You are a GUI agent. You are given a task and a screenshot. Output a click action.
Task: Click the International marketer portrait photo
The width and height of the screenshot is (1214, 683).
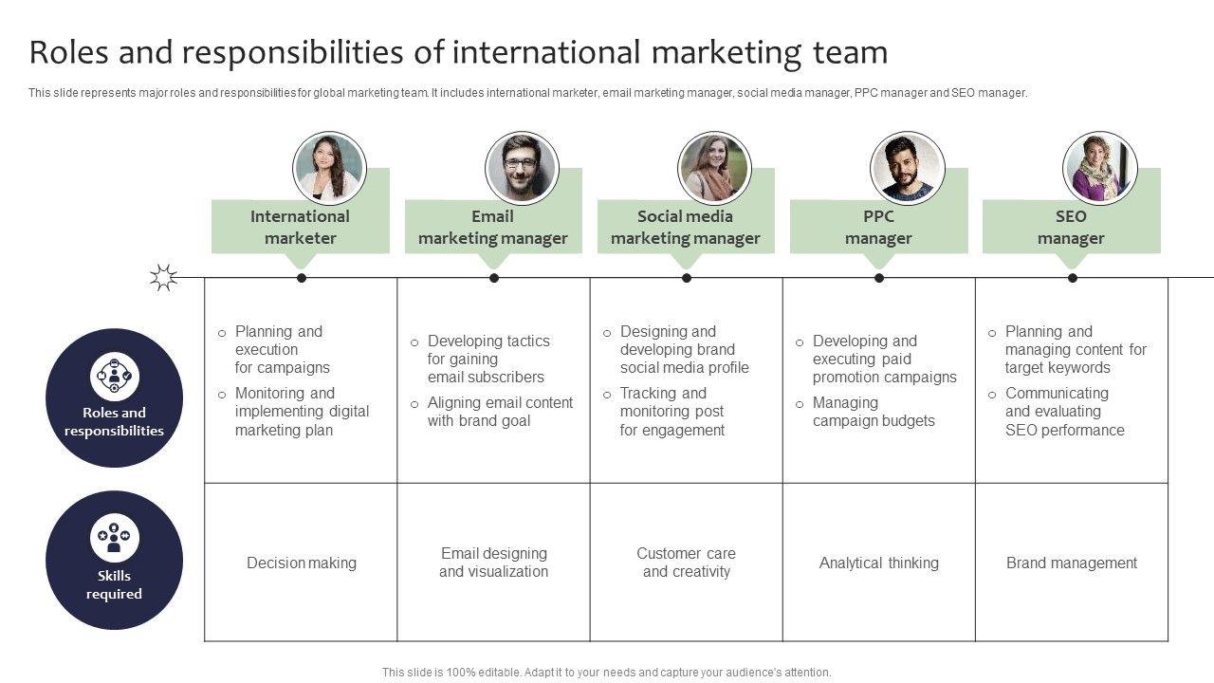[x=329, y=168]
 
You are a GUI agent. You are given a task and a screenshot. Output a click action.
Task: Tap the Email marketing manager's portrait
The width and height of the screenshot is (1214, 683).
[x=521, y=168]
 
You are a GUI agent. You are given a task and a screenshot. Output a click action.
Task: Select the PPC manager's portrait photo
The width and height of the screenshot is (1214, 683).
[x=907, y=168]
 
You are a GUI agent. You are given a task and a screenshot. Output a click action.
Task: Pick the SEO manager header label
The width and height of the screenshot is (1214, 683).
[x=1071, y=228]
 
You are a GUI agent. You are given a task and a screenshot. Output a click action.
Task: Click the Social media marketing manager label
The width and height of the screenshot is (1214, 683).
[x=685, y=228]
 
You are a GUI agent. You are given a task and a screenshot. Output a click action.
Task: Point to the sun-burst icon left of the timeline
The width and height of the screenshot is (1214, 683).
[x=164, y=277]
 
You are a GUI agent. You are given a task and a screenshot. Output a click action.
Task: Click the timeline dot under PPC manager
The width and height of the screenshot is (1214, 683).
[x=879, y=278]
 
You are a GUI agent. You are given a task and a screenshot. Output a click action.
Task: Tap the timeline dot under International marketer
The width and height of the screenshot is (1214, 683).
[x=302, y=278]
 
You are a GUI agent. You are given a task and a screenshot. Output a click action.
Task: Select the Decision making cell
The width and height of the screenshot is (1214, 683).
[x=302, y=563]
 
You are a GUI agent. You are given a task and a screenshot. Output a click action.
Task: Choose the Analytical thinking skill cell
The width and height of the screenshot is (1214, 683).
[x=879, y=563]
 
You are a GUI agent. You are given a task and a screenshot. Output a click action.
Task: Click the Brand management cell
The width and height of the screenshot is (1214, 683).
[x=1072, y=563]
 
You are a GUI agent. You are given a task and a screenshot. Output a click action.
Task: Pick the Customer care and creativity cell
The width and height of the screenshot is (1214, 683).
[x=686, y=563]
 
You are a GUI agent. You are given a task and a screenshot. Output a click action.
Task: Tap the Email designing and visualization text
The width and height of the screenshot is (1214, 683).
[x=493, y=563]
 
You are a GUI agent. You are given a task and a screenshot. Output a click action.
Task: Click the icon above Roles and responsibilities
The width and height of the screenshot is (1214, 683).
[x=115, y=377]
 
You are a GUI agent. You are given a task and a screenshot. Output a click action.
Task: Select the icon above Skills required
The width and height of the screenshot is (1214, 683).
[x=115, y=539]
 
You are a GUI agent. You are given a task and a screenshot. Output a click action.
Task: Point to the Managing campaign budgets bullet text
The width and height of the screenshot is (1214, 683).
[x=874, y=412]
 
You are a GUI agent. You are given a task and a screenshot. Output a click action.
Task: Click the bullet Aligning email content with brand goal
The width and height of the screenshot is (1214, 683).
[x=500, y=412]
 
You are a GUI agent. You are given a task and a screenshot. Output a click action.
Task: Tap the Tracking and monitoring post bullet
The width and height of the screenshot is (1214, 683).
[x=671, y=412]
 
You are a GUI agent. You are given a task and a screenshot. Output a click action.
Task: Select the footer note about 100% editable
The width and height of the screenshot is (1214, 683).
[x=607, y=672]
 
